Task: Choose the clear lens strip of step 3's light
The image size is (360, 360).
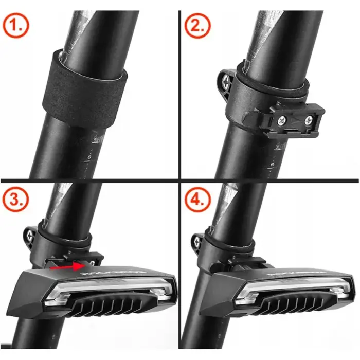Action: pos(103,288)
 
